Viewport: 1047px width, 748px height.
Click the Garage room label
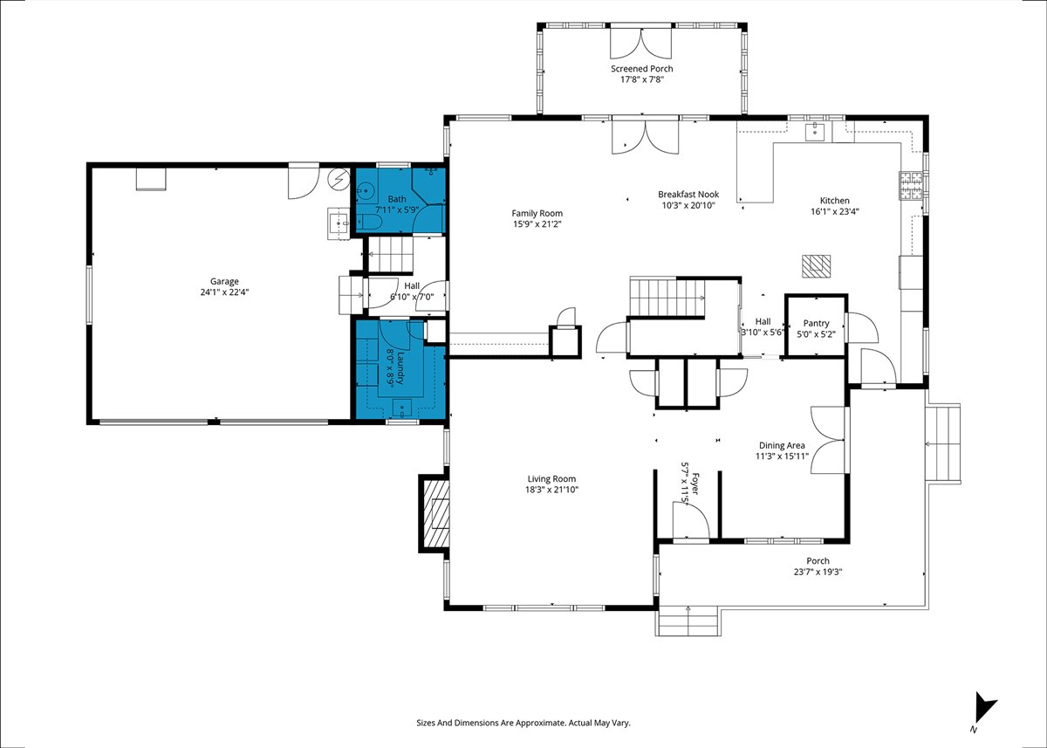coord(224,281)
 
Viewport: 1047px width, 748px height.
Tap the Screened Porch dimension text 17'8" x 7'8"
coord(642,79)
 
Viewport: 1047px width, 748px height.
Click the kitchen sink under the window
coord(815,132)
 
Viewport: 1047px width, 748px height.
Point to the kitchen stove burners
coord(911,186)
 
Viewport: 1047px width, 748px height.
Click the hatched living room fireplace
coord(435,513)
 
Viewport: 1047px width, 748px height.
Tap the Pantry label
coord(816,323)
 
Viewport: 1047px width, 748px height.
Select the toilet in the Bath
coord(370,223)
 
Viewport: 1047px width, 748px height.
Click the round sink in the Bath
coord(365,191)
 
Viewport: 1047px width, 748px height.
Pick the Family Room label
coord(537,213)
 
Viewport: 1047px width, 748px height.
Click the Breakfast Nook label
coord(688,194)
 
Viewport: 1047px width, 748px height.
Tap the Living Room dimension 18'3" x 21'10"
coord(551,490)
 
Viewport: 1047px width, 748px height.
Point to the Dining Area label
coord(782,445)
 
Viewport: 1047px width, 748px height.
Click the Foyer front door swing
coord(690,520)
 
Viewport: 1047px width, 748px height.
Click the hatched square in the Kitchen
coord(817,266)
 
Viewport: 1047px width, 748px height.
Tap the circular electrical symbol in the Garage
coord(339,179)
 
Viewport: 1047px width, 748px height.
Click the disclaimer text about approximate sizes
coord(523,723)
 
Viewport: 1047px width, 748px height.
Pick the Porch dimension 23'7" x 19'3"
coord(818,572)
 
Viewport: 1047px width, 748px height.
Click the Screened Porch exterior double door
coord(640,43)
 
